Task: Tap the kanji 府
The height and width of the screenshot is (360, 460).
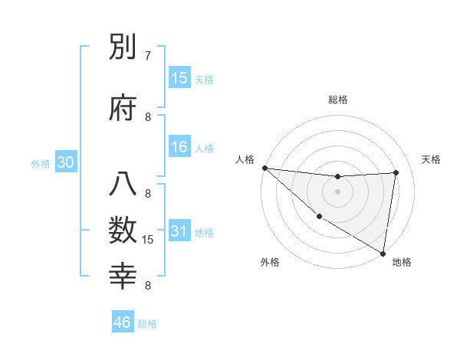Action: (123, 108)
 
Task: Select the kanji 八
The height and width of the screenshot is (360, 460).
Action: (123, 185)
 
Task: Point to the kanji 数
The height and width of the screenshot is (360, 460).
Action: (123, 229)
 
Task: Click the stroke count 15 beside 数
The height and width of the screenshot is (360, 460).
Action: (149, 240)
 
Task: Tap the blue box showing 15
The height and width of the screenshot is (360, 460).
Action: (179, 77)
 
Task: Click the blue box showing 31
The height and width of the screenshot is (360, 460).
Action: (179, 231)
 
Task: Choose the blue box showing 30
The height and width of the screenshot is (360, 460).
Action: (66, 162)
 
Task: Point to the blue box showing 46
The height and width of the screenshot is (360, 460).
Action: (123, 322)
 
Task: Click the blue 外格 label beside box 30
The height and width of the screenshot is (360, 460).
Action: (41, 163)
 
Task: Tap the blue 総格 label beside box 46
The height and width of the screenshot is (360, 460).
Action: (147, 323)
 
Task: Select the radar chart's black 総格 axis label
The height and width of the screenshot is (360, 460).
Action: (338, 100)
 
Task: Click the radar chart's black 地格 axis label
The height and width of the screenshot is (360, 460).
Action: (402, 262)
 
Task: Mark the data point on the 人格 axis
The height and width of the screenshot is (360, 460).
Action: (264, 168)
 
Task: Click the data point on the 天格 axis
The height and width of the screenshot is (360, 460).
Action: (396, 172)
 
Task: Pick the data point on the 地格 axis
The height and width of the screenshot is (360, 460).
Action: (383, 253)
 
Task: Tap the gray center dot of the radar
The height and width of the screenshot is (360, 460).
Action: (337, 191)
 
